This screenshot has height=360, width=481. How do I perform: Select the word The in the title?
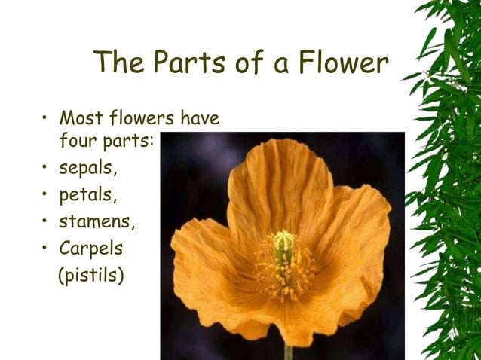(x=120, y=63)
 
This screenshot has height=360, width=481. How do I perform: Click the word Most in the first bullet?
(x=81, y=118)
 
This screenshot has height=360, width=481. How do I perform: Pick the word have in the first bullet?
(x=200, y=118)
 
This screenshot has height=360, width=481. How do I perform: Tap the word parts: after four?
(x=128, y=142)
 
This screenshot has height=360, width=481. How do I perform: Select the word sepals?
(x=88, y=168)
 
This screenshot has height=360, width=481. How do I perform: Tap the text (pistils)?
(x=91, y=275)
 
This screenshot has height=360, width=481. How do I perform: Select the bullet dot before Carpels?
(x=46, y=248)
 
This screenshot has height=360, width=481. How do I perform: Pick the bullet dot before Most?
(x=46, y=118)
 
